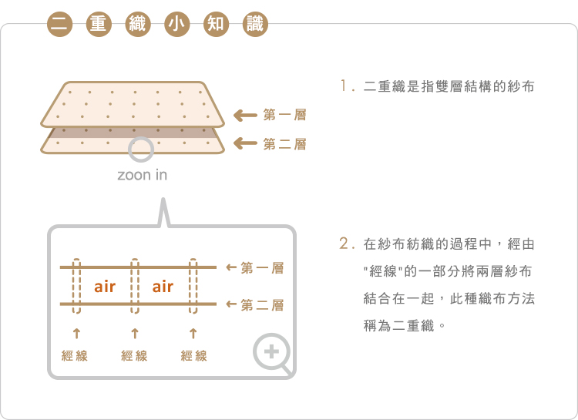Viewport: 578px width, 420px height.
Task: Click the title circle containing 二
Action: [x=59, y=24]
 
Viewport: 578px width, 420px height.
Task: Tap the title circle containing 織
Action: [x=136, y=24]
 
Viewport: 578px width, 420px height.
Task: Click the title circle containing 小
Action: [x=175, y=24]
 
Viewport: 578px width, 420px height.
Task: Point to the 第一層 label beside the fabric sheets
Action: [x=284, y=116]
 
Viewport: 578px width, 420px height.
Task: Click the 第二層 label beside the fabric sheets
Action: [x=284, y=144]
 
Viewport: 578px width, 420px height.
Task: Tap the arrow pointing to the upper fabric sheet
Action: [x=244, y=116]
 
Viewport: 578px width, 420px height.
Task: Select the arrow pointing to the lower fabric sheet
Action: [x=244, y=143]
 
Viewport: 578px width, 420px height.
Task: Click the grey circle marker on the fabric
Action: [x=140, y=150]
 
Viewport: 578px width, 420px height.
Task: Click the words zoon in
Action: [x=142, y=175]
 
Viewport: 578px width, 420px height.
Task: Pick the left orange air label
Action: [x=105, y=287]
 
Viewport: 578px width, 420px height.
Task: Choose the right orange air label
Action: [x=163, y=287]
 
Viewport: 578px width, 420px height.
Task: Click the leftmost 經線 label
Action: [x=75, y=356]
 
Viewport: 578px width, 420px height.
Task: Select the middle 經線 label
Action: [x=134, y=356]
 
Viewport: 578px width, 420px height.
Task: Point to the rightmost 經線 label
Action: [x=193, y=356]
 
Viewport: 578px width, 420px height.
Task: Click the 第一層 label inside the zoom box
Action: [x=262, y=268]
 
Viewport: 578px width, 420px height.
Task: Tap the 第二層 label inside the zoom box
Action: [x=262, y=306]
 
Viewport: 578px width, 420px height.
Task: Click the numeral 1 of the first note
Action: [x=343, y=86]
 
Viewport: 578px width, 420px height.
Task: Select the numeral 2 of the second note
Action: [x=344, y=244]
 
